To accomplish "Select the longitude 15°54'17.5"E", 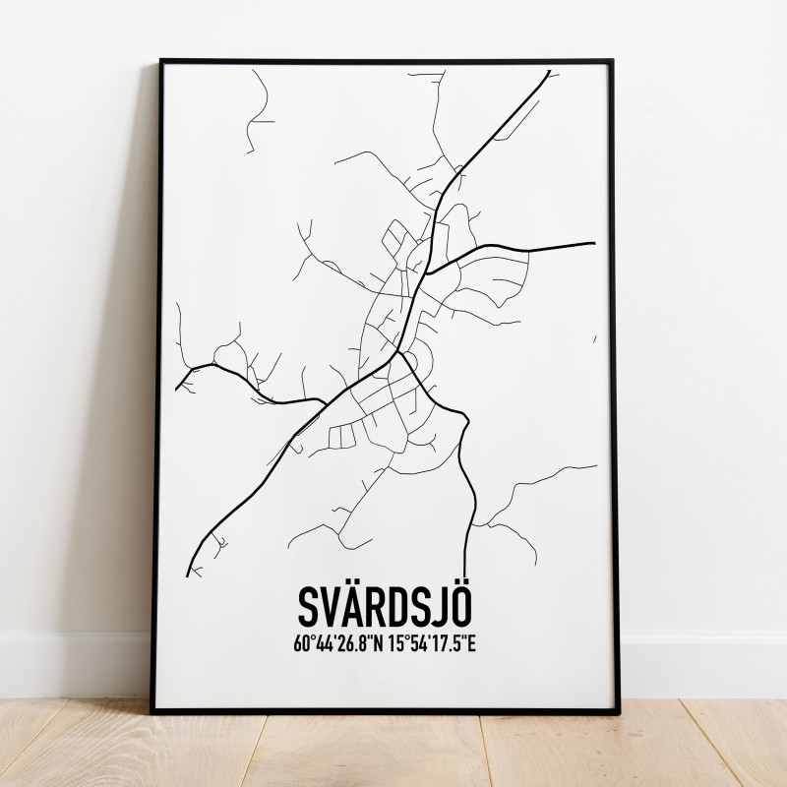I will point(432,644).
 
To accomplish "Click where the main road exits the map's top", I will point(548,71).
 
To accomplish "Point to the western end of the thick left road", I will point(178,388).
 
